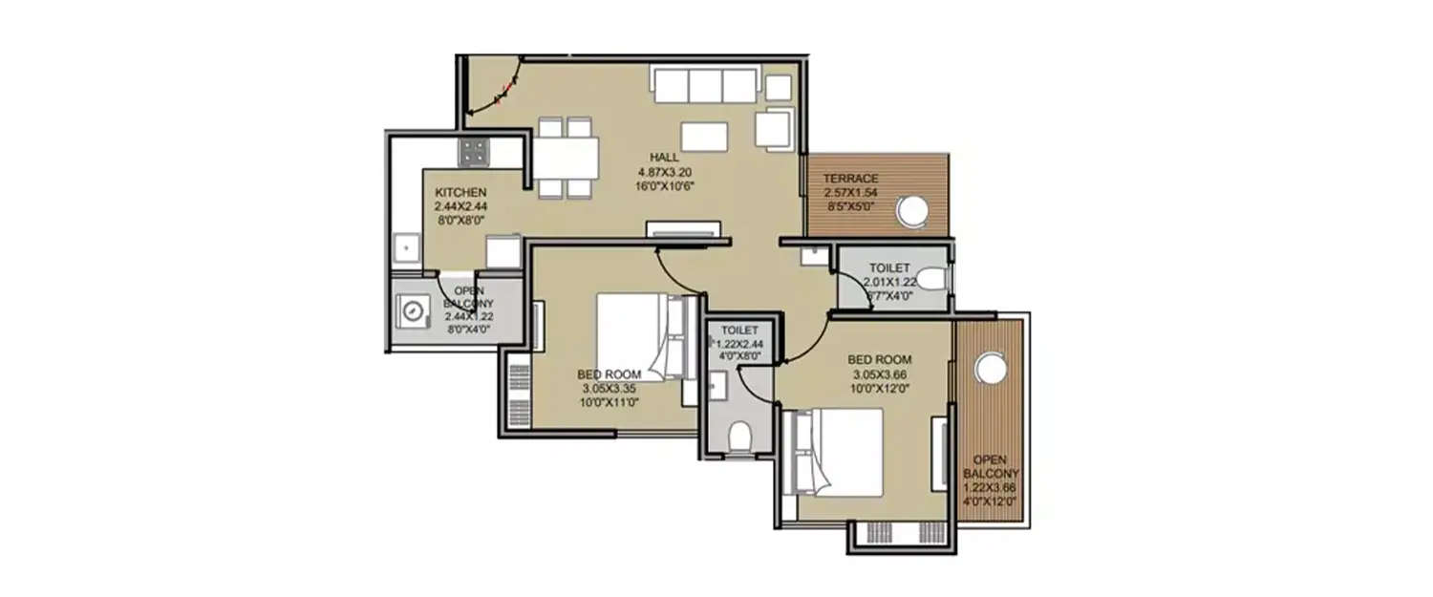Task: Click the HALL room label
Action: click(664, 158)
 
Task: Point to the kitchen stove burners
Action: click(473, 151)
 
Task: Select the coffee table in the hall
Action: click(704, 137)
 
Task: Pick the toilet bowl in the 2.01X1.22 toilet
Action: click(933, 279)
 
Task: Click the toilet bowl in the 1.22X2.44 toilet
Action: click(738, 437)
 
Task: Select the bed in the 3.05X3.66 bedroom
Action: click(832, 452)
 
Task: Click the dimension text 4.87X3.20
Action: click(664, 172)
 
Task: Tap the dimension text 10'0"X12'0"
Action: click(879, 389)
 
